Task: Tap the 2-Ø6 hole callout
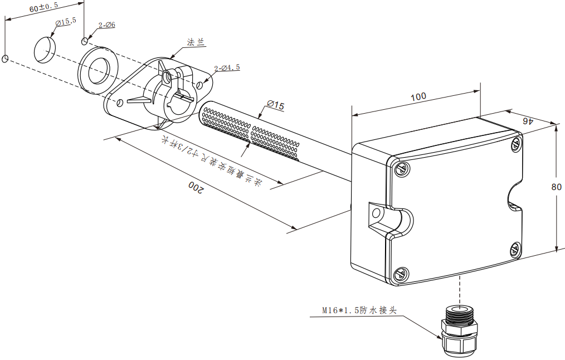[x=106, y=25]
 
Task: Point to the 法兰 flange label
[x=195, y=42]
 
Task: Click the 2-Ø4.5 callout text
[x=227, y=67]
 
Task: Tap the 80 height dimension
[x=556, y=187]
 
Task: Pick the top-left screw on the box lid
[x=400, y=168]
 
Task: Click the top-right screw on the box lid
[x=515, y=144]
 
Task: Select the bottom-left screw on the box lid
[x=400, y=274]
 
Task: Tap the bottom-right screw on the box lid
[x=515, y=249]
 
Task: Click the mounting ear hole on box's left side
[x=376, y=213]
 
